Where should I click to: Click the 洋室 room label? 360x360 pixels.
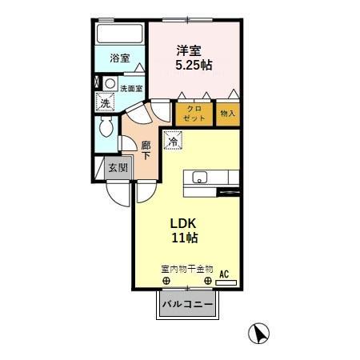[x=190, y=50]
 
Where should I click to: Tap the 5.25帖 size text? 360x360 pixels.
[x=195, y=65]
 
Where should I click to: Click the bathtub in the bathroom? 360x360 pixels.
[x=118, y=34]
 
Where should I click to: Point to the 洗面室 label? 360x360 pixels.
[x=130, y=89]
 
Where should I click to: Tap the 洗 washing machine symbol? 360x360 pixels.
[x=104, y=102]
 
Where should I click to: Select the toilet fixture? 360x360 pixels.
[x=103, y=129]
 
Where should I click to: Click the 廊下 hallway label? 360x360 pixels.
[x=146, y=150]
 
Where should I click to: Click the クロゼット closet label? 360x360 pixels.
[x=194, y=113]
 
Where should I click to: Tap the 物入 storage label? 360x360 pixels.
[x=228, y=114]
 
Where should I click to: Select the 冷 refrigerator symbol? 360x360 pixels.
[x=173, y=142]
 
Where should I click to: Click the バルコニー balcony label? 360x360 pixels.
[x=187, y=305]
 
